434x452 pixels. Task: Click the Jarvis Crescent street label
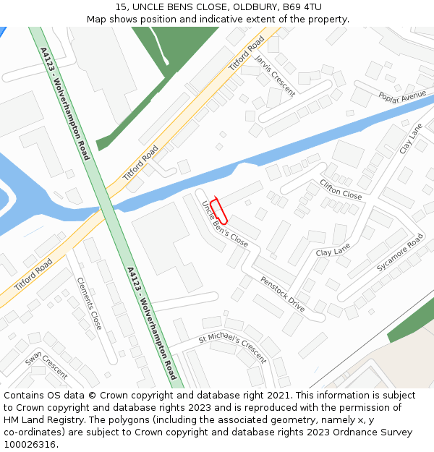(275, 75)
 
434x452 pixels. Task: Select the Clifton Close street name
(341, 190)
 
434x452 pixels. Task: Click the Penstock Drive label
(283, 293)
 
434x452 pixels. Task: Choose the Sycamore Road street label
(399, 252)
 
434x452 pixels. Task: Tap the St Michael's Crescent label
(232, 346)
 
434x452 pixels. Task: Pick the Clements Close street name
(89, 304)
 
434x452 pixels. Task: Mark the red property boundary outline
(219, 210)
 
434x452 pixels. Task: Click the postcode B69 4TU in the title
(302, 7)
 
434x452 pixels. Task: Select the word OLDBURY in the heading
(252, 7)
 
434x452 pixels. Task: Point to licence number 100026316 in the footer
(30, 444)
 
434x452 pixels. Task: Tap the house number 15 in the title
(121, 7)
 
